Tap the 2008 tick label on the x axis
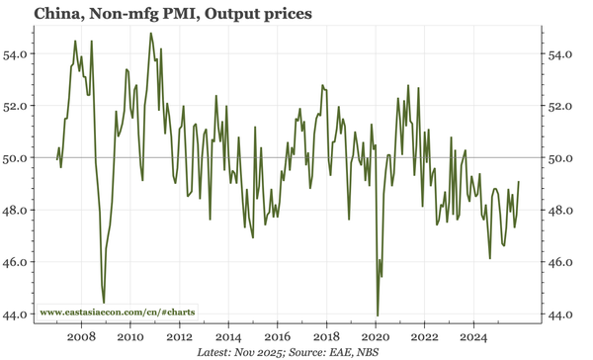pyautogui.click(x=81, y=336)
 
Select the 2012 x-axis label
pyautogui.click(x=179, y=336)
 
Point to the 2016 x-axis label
pyautogui.click(x=277, y=336)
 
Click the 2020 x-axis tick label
pyautogui.click(x=376, y=336)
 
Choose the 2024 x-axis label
pyautogui.click(x=473, y=336)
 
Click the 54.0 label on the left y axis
pyautogui.click(x=20, y=53)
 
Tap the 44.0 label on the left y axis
pyautogui.click(x=20, y=315)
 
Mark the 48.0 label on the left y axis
pyautogui.click(x=20, y=210)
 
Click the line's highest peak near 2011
pyautogui.click(x=151, y=34)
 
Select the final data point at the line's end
pyautogui.click(x=520, y=182)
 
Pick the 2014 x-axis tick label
pyautogui.click(x=228, y=336)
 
